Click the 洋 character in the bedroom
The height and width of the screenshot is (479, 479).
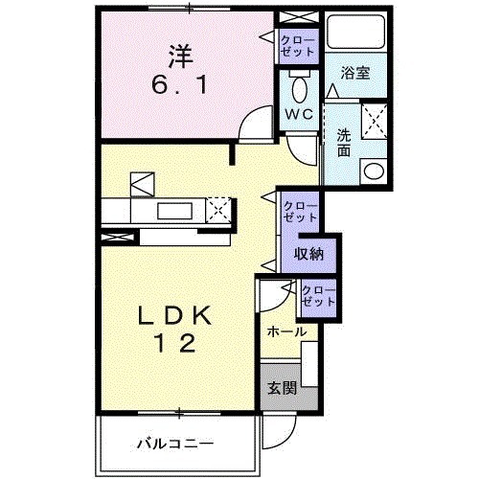point(183,51)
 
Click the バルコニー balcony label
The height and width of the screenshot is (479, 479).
point(173,443)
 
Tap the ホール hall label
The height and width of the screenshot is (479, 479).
point(287,331)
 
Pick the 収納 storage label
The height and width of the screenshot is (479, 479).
point(308,254)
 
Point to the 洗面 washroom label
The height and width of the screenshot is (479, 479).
point(342,143)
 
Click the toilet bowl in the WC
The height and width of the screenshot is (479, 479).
point(300,91)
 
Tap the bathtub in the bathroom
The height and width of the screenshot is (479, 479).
point(354,34)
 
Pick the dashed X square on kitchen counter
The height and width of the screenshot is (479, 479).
point(219,209)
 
